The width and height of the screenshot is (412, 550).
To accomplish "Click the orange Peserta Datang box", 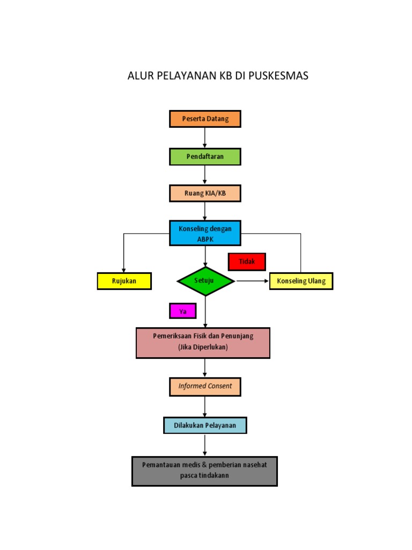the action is (205, 119).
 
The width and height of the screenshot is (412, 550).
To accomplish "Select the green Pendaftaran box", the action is (205, 156).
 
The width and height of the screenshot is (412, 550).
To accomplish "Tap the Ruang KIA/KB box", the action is (205, 193).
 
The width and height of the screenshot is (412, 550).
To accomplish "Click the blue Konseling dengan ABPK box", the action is (205, 234).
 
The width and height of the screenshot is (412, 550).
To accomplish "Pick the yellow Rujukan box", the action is (124, 281).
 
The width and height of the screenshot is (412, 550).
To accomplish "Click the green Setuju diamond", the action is (205, 281).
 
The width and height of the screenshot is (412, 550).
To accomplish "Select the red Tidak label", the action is (247, 262).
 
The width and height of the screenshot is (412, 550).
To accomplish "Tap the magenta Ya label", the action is (183, 311).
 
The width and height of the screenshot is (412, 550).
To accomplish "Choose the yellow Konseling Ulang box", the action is (301, 281).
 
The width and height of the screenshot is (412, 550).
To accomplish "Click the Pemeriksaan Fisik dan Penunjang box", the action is (203, 343).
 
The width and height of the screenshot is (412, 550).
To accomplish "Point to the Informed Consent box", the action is (205, 386).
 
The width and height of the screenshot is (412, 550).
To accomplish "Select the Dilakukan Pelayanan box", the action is (205, 425).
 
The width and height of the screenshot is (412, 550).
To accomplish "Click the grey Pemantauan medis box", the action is (204, 471).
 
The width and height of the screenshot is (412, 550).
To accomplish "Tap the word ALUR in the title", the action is (139, 76).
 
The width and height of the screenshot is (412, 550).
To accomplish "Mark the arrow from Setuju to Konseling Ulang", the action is (252, 281).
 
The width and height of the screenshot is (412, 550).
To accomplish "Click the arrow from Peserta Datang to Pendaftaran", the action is (205, 137).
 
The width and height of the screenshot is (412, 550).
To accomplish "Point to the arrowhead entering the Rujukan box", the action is (124, 270).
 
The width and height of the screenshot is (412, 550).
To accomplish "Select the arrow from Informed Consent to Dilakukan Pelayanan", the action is (205, 407).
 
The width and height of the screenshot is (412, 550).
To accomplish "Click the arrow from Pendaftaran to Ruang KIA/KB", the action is (205, 175).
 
